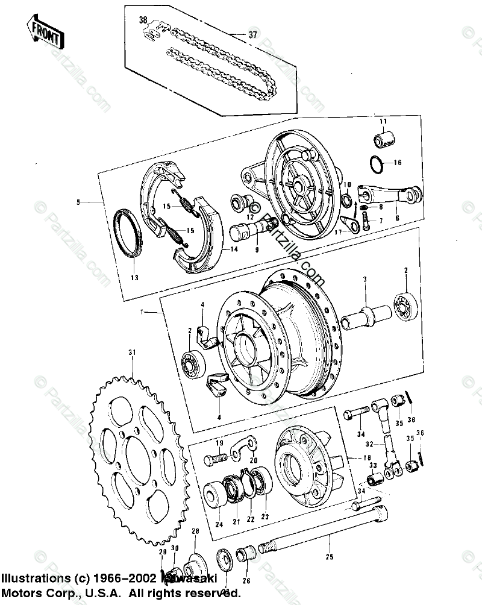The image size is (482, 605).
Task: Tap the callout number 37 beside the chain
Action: [x=251, y=34]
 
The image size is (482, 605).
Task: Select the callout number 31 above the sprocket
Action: [x=133, y=352]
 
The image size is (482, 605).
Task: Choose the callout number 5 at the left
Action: [x=78, y=202]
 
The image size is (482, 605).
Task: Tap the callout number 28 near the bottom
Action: [x=195, y=530]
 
